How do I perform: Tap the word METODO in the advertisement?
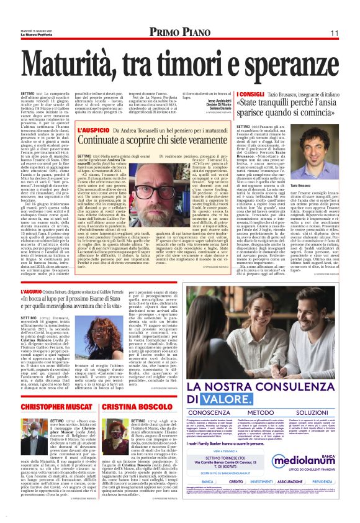pyautogui.click(x=264, y=395)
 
